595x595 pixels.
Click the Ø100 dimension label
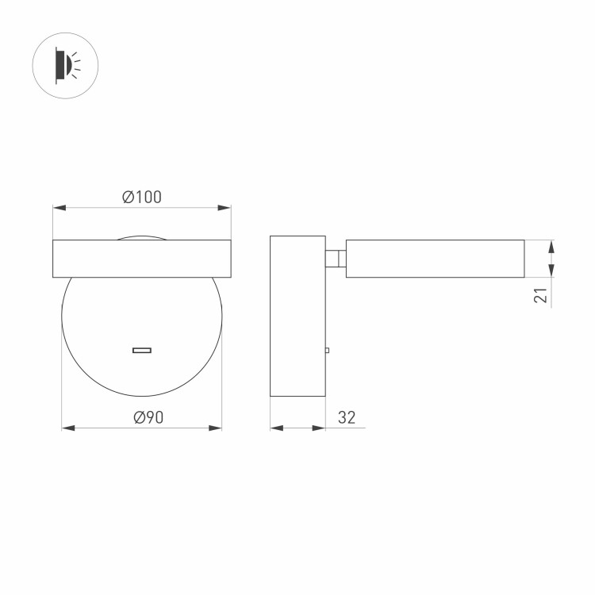[142, 197]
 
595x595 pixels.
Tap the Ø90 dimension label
[148, 417]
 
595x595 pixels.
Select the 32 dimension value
[347, 417]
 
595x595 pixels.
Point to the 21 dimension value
[540, 295]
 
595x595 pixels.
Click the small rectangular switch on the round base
[142, 350]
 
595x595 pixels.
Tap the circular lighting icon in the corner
[65, 66]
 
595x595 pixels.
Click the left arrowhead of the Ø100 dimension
[59, 208]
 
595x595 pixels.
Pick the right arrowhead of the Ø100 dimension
[225, 208]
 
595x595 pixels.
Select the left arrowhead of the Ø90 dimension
[68, 428]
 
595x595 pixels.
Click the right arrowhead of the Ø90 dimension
[215, 428]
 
